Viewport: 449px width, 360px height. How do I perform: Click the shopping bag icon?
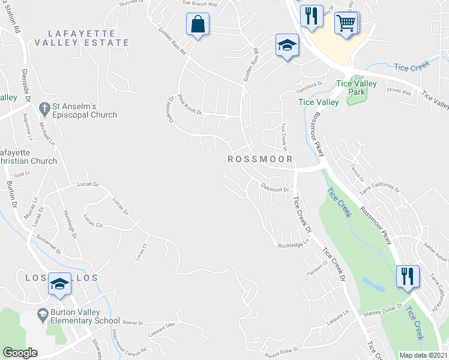(x=197, y=26)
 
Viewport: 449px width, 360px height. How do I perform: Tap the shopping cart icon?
(x=346, y=25)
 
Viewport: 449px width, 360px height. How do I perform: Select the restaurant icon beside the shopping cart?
(x=310, y=17)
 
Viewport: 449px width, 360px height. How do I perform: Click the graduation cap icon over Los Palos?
(x=59, y=284)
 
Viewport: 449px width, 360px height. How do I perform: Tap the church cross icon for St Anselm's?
(x=44, y=108)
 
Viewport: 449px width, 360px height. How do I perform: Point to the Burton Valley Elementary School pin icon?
(x=43, y=314)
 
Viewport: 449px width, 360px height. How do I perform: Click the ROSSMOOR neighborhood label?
(x=260, y=159)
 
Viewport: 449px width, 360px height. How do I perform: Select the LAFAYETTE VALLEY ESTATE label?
(x=82, y=37)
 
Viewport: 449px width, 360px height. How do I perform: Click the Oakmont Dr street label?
(x=275, y=189)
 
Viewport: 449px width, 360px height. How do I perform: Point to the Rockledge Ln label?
(x=293, y=244)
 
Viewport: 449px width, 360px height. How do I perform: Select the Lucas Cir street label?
(x=94, y=220)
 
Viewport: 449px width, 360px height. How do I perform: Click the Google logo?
(x=20, y=353)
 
